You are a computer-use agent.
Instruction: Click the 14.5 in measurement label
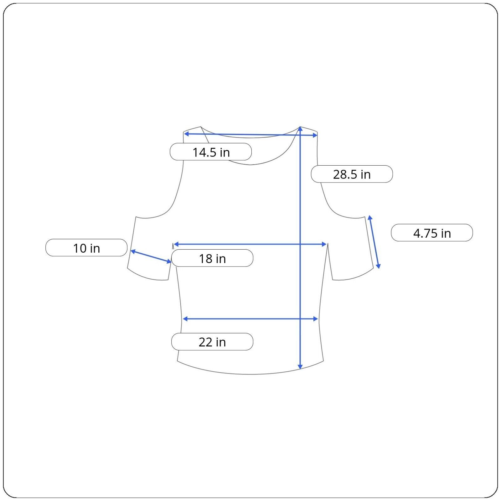coord(211,152)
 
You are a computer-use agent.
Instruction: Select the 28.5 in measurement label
coord(352,174)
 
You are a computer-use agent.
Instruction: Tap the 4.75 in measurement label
coord(432,233)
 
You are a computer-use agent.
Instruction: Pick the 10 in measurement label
coord(86,248)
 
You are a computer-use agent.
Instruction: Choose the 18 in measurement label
coord(212,258)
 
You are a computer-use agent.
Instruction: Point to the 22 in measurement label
coord(212,342)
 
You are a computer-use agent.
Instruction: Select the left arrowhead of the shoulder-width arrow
coord(186,134)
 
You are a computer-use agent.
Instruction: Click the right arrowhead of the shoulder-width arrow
coord(315,135)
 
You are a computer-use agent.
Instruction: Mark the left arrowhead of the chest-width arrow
coord(176,244)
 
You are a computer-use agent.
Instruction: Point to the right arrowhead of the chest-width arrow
coord(324,244)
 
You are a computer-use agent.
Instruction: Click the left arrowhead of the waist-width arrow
coord(185,319)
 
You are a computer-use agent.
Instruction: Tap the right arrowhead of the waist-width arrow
coord(315,319)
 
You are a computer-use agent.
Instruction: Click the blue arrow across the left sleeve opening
coord(151,256)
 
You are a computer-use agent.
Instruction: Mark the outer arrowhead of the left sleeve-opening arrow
coord(133,251)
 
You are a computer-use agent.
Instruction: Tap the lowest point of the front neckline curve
coord(250,164)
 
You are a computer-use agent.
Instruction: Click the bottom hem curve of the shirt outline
coord(250,374)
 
